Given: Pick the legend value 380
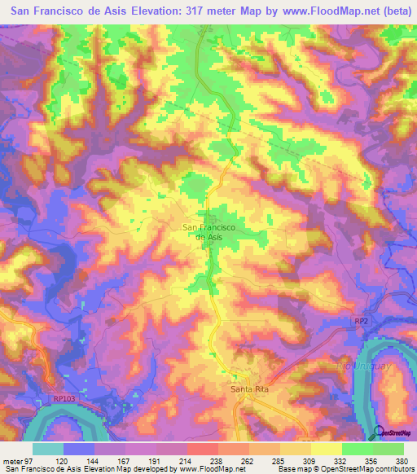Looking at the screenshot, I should (x=402, y=460).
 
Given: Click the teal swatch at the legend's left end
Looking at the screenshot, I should (x=49, y=449).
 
